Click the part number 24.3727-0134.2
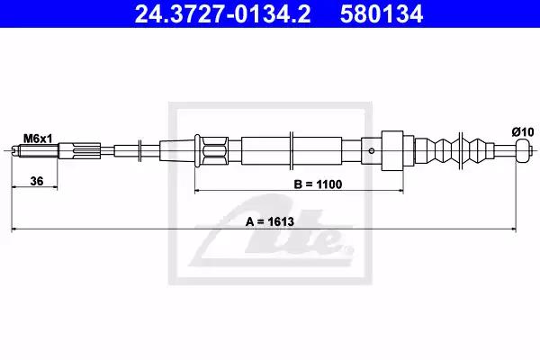pos(222,13)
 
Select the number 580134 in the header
pos(382,13)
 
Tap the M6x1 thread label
pos(38,139)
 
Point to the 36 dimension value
pos(37,181)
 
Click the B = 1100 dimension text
pos(318,184)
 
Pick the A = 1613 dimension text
pos(270,221)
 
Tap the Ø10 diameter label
pos(523,132)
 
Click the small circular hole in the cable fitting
pos(372,151)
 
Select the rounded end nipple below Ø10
pos(522,151)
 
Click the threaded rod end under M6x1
pos(34,151)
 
